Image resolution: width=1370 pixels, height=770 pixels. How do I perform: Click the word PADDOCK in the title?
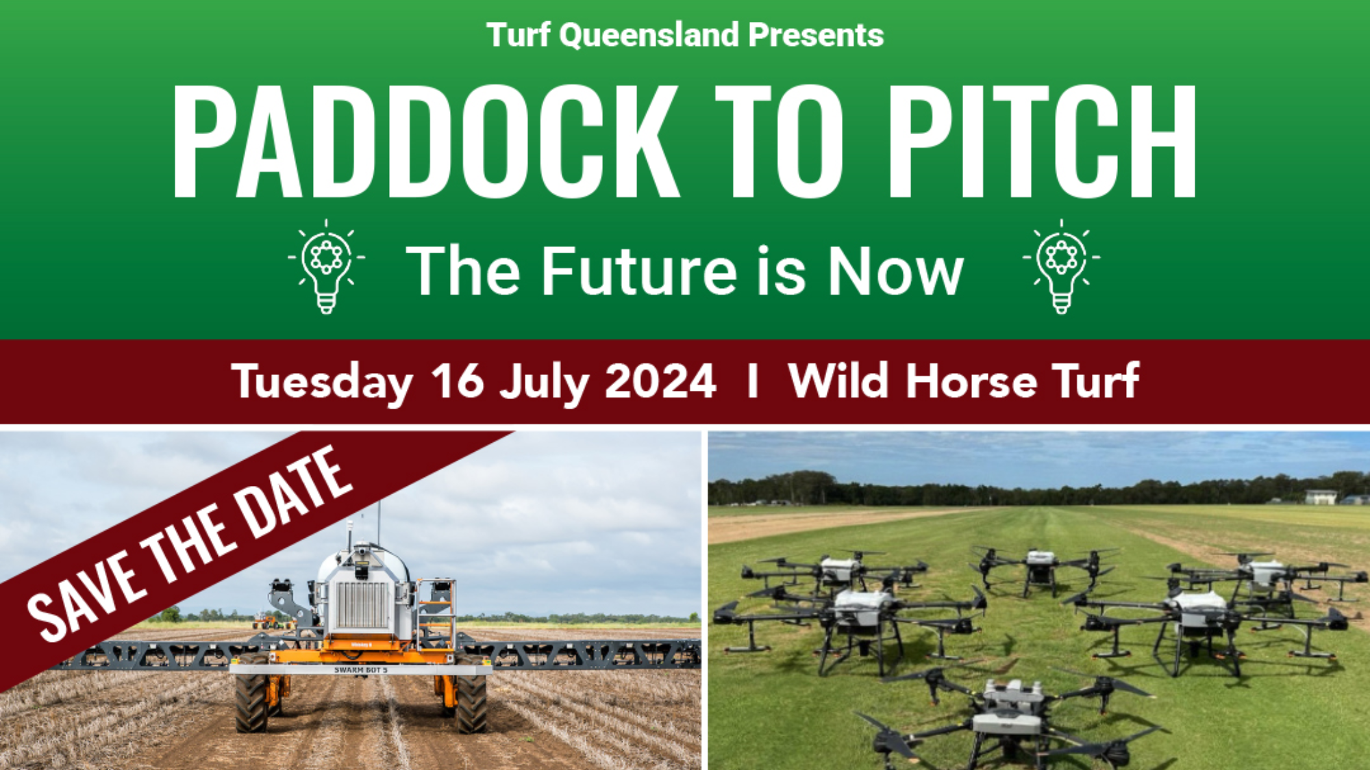click(x=425, y=142)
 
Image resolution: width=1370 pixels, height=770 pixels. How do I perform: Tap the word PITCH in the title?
click(x=1041, y=142)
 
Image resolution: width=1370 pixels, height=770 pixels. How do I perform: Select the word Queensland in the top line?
click(x=649, y=35)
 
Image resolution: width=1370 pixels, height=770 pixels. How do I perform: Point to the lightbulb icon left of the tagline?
click(x=327, y=266)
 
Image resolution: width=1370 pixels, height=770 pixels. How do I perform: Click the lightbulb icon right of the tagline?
click(x=1062, y=266)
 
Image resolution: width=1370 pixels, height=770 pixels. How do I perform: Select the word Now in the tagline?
click(x=895, y=271)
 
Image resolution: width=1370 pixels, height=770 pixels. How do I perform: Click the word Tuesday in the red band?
click(x=322, y=382)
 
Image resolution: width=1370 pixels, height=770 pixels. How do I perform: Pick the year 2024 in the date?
click(x=660, y=381)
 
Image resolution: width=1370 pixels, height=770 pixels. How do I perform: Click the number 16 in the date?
click(x=457, y=381)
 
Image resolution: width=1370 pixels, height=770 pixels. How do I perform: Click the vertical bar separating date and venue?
click(x=753, y=381)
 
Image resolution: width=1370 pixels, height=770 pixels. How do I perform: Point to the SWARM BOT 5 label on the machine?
click(x=361, y=670)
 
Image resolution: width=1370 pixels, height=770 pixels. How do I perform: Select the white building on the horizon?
click(x=1320, y=497)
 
